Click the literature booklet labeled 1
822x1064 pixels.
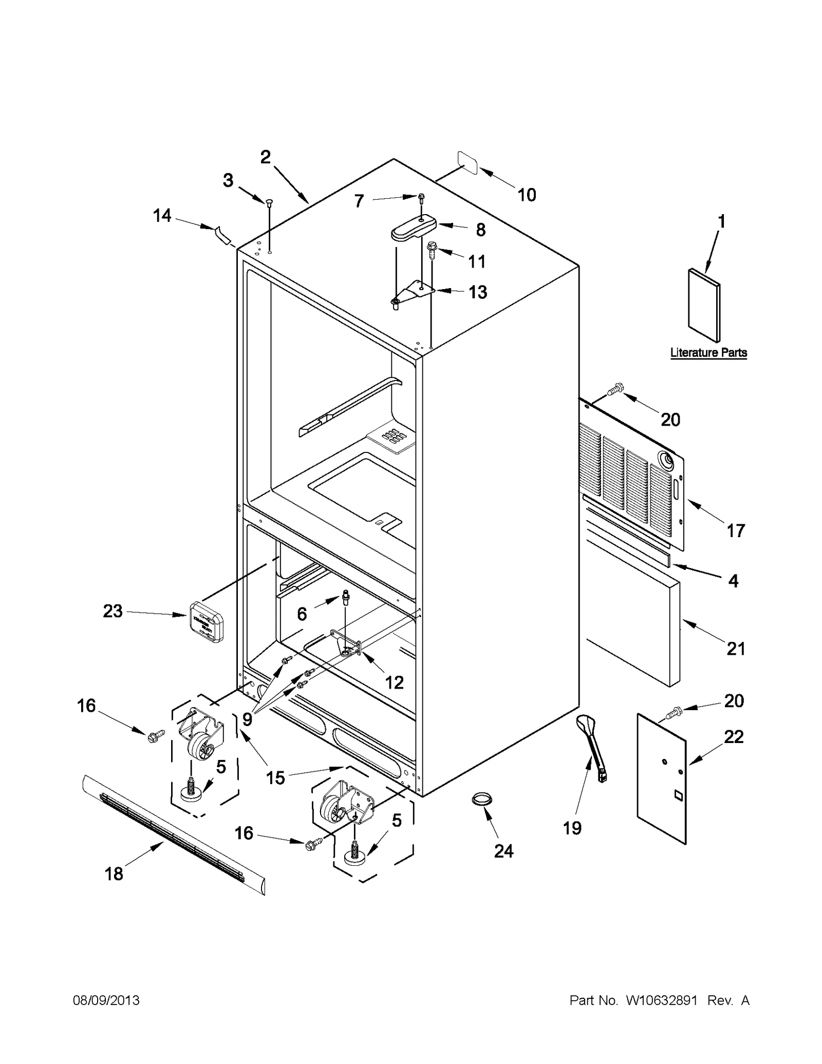[704, 305]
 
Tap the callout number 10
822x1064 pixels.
[527, 195]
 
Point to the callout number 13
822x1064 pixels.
[478, 292]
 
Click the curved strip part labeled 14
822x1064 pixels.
[221, 234]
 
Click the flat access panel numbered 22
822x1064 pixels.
[662, 778]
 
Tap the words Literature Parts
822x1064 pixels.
[708, 353]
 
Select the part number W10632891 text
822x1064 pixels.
[661, 1001]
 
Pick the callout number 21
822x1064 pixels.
[735, 649]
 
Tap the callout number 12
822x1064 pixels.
[394, 682]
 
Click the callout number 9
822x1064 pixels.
[247, 719]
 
